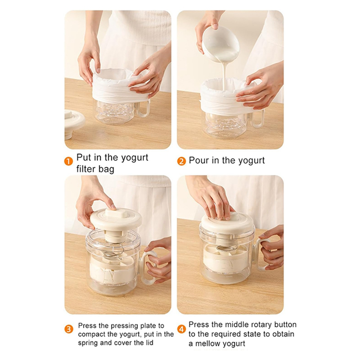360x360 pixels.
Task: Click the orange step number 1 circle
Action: [x=68, y=161]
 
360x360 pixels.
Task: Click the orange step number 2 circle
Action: [x=181, y=161]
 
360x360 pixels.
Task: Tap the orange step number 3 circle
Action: [x=69, y=330]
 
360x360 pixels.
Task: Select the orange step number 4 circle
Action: [x=181, y=330]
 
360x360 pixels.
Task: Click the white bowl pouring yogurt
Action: [x=220, y=44]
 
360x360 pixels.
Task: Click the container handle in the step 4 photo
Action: [x=262, y=254]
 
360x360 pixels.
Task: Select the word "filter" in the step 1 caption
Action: [x=86, y=169]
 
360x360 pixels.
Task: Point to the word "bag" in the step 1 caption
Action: [x=107, y=170]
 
